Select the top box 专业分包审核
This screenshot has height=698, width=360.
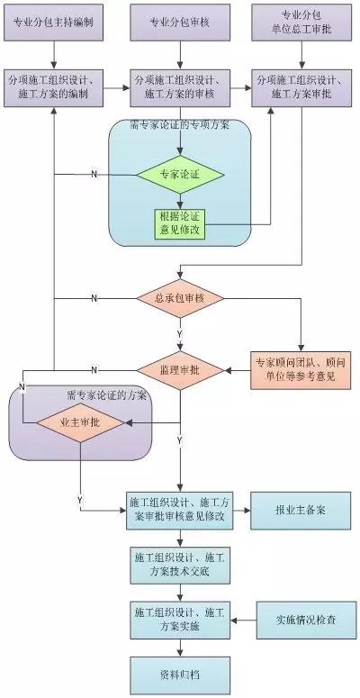[x=180, y=22]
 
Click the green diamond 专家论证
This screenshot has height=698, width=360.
[x=180, y=173]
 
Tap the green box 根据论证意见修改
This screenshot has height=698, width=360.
[x=180, y=222]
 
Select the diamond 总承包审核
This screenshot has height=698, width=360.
[x=180, y=297]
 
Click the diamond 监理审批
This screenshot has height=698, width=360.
[x=180, y=369]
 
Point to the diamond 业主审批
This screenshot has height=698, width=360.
[x=80, y=421]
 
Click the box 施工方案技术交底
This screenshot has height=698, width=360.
[x=180, y=565]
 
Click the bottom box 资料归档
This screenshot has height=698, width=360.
[x=180, y=673]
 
